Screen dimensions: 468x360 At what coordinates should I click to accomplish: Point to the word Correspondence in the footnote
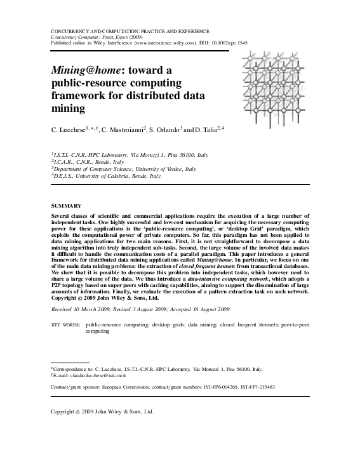click(x=75, y=369)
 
